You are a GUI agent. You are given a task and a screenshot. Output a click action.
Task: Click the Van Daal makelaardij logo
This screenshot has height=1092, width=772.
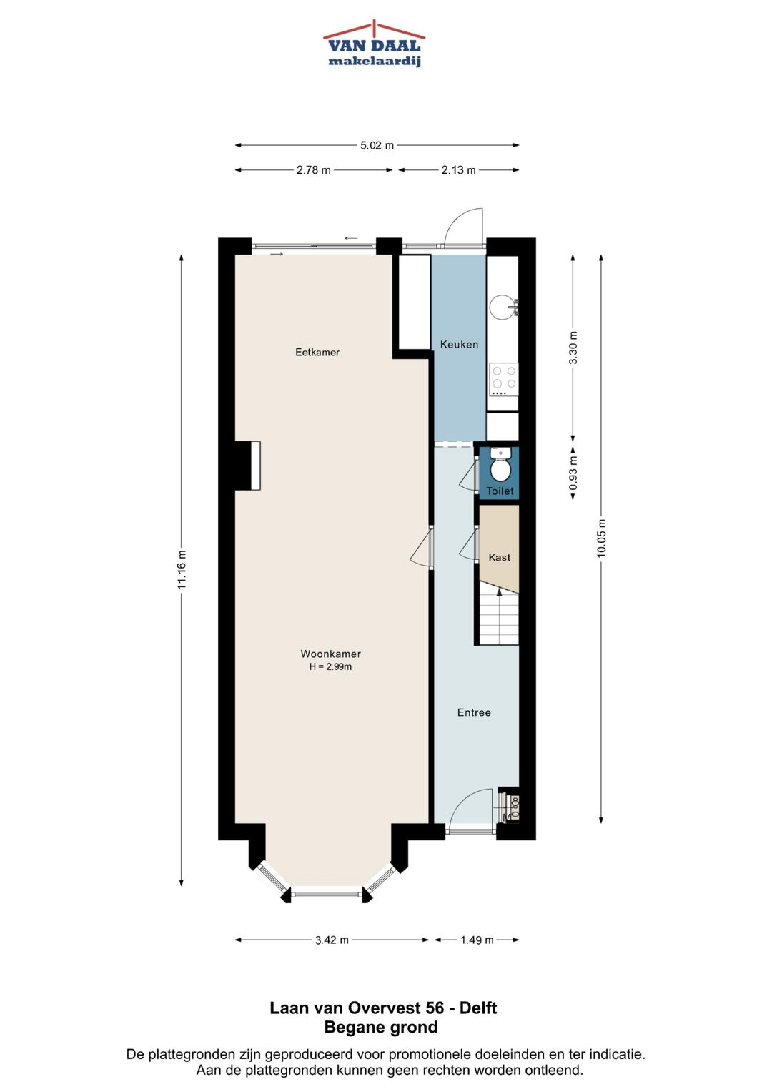pos(374,43)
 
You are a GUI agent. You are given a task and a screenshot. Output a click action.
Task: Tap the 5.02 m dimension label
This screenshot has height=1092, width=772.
pos(377,145)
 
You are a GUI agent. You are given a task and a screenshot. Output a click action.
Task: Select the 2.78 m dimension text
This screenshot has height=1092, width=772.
pos(313,170)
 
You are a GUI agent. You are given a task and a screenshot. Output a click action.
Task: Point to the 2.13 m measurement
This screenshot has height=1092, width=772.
pos(459,170)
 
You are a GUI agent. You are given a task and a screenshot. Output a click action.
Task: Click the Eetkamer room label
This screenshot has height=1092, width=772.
pos(317,352)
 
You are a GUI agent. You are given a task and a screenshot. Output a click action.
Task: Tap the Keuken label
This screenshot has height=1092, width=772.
pos(459,344)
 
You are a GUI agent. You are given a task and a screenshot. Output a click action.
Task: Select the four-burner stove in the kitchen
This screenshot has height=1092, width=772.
pos(504,380)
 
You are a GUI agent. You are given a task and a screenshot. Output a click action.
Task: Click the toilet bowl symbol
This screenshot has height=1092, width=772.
pos(500,465)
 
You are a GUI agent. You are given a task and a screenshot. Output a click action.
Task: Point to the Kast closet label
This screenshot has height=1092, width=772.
pos(500,557)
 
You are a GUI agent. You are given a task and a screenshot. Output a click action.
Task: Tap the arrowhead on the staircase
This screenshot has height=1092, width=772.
pos(499,592)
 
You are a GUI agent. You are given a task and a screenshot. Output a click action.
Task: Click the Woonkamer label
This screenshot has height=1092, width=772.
pos(330,654)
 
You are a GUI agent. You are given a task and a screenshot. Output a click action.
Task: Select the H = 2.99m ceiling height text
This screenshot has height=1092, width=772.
pos(330,667)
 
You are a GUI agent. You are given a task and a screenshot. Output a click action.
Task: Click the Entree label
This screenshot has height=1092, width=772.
pos(474,712)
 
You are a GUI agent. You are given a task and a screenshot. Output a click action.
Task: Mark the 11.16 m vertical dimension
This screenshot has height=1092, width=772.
pos(182,569)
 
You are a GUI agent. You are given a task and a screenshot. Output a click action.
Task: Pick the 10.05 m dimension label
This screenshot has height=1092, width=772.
pos(601,538)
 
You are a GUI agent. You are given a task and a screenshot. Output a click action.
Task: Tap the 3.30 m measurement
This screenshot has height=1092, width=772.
pos(573,348)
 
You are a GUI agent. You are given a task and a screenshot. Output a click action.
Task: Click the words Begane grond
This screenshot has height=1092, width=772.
pos(381,1027)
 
